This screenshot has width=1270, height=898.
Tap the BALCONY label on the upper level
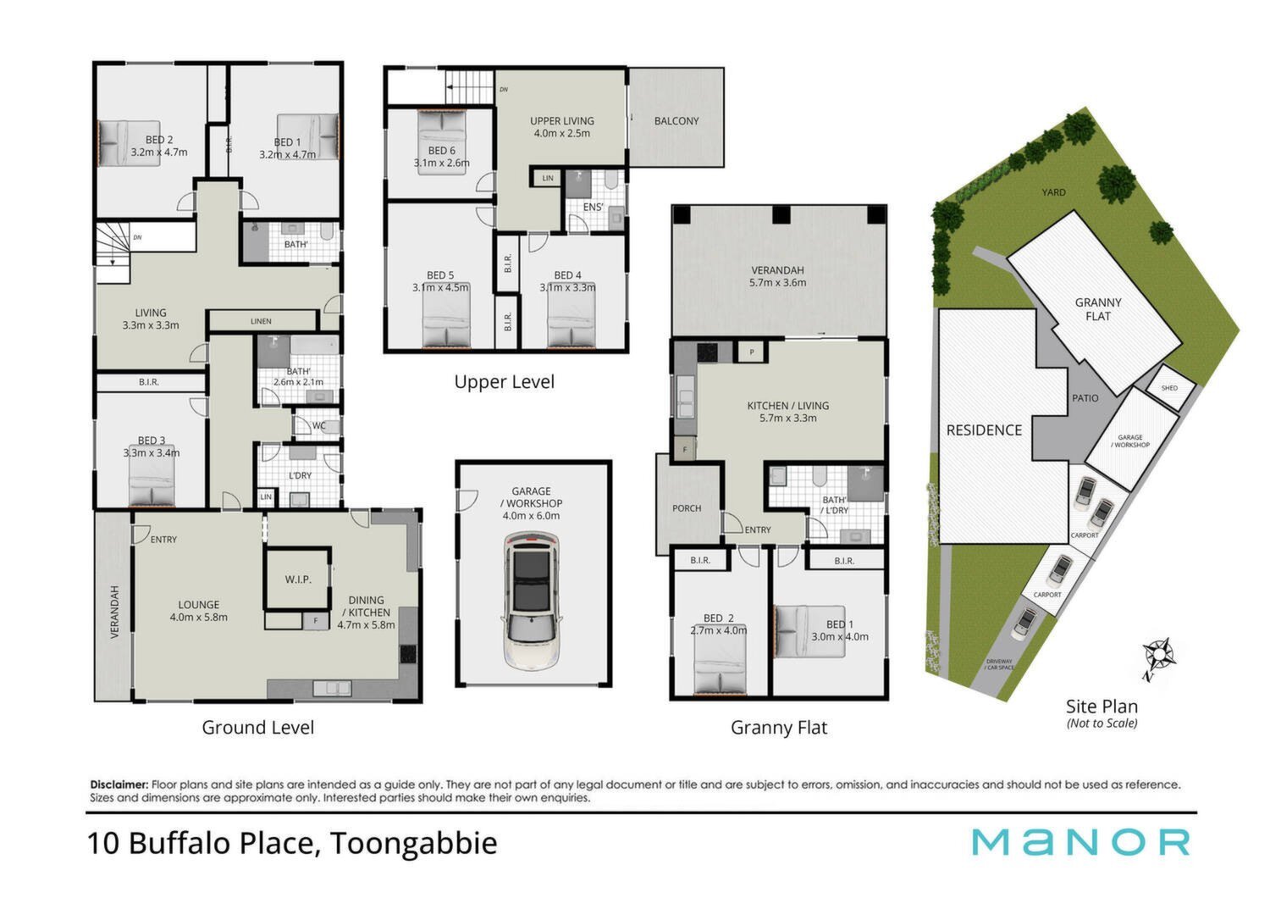click(x=676, y=121)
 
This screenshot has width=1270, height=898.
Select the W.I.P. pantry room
click(x=298, y=579)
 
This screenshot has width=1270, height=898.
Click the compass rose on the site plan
click(x=1158, y=656)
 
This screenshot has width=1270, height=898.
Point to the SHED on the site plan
click(x=1169, y=388)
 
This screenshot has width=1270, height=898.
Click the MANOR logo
click(x=1080, y=842)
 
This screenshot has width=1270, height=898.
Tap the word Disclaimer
click(x=119, y=784)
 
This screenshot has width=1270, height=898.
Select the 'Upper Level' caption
click(x=504, y=382)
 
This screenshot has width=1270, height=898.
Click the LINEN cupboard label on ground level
click(x=261, y=321)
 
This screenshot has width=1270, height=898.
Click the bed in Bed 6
click(x=442, y=141)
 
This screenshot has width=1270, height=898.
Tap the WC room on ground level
click(x=317, y=425)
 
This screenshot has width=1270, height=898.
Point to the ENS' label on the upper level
click(x=593, y=207)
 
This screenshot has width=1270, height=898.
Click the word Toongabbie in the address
click(x=413, y=843)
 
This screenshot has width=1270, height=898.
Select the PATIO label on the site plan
click(x=1085, y=398)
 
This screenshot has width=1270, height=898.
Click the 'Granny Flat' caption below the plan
click(x=779, y=727)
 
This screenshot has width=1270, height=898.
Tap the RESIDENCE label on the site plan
click(x=984, y=430)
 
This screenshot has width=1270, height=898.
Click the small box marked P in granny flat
click(x=752, y=352)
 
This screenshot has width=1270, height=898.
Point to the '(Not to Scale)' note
click(x=1102, y=723)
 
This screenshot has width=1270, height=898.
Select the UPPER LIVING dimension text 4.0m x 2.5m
click(x=562, y=133)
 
